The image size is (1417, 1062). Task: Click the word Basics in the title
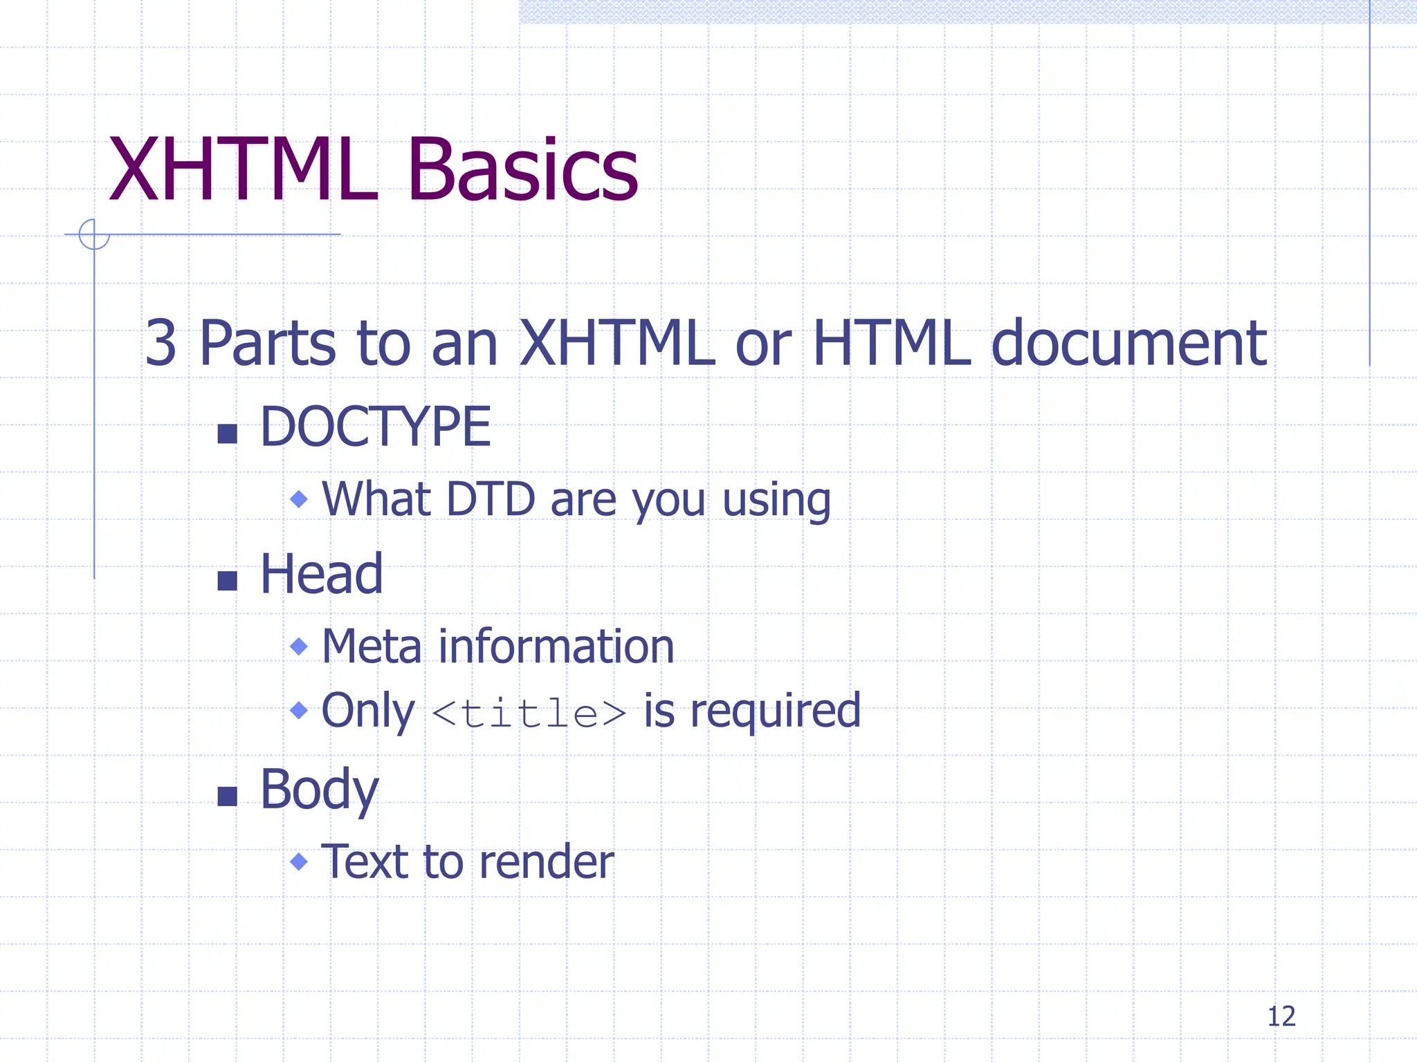(x=522, y=169)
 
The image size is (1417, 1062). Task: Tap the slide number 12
(x=1281, y=1016)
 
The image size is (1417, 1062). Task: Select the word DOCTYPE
(x=375, y=427)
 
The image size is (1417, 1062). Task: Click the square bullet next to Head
(x=227, y=581)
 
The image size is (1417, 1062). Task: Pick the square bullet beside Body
(x=227, y=796)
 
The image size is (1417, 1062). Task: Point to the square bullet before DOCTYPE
(x=227, y=434)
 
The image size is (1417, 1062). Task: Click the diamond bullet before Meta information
(x=299, y=646)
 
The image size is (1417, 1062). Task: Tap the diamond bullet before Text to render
(x=299, y=861)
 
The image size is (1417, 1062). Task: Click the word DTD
(x=491, y=499)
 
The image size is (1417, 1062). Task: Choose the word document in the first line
(x=1129, y=343)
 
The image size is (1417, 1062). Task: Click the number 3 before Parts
(x=161, y=343)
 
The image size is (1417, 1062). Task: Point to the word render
(x=546, y=862)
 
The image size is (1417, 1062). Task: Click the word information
(x=556, y=647)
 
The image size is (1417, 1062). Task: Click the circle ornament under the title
(x=94, y=234)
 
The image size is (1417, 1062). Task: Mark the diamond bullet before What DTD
(x=299, y=499)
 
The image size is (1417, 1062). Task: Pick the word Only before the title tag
(x=368, y=711)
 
